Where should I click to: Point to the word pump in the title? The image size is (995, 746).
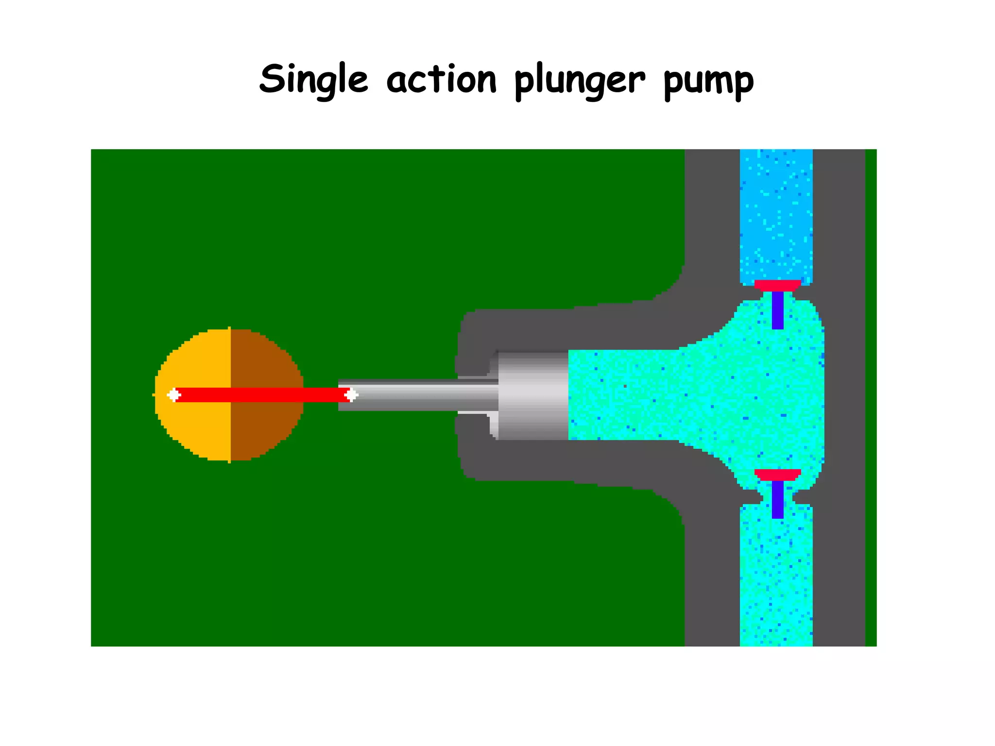(708, 82)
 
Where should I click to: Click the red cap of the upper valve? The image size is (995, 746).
(777, 285)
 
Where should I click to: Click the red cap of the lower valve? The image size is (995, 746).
(777, 475)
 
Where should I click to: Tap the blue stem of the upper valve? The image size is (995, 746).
(777, 311)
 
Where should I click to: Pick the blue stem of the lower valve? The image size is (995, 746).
(777, 500)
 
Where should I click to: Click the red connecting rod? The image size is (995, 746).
(262, 395)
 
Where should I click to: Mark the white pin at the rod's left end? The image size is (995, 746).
(173, 395)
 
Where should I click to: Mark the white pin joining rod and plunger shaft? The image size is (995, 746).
(351, 395)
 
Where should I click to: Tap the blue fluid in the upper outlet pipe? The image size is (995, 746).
(776, 214)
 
